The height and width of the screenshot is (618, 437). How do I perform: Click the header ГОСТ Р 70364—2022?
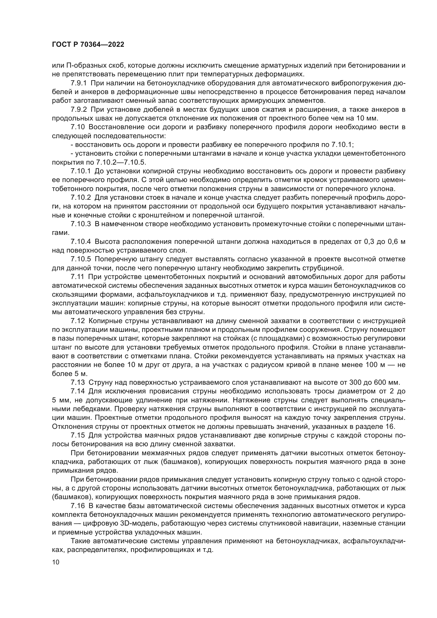click(88, 45)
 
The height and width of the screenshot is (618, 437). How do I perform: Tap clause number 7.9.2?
click(78, 110)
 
